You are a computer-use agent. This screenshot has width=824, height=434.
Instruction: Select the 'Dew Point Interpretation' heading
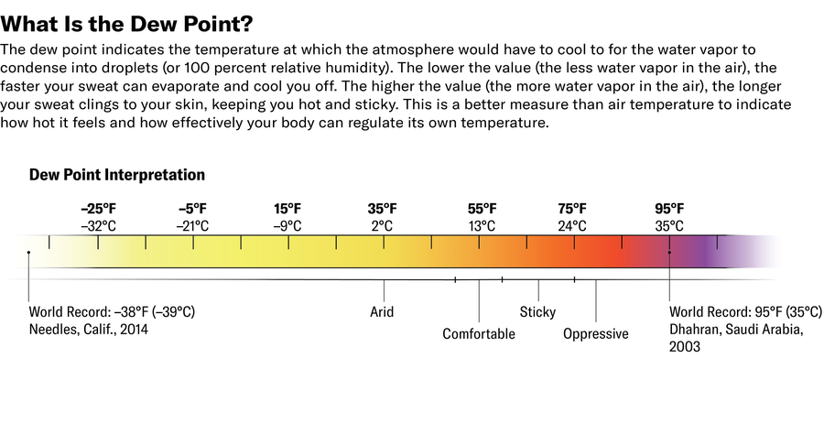tap(117, 174)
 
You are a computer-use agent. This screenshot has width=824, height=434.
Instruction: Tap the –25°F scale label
tap(98, 209)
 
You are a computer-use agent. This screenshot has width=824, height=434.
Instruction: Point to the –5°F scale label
tap(193, 209)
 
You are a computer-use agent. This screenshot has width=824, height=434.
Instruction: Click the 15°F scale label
tap(288, 209)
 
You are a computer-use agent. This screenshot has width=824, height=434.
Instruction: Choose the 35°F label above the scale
tap(383, 209)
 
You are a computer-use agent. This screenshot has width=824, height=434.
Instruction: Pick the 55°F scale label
tap(482, 209)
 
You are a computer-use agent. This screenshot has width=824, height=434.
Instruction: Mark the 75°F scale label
tap(572, 209)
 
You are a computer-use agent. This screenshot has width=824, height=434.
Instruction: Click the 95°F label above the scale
tap(669, 209)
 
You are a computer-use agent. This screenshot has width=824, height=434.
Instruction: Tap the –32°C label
tap(98, 226)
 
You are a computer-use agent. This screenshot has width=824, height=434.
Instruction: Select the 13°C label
tap(482, 226)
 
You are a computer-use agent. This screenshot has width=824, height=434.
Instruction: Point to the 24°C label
tap(572, 226)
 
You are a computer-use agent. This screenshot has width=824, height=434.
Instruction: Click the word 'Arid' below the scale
tap(382, 312)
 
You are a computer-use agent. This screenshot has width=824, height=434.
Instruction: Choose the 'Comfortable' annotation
tap(479, 334)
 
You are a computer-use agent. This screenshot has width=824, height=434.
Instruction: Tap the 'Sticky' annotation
tap(537, 312)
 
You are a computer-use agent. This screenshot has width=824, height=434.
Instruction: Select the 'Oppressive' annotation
tap(596, 334)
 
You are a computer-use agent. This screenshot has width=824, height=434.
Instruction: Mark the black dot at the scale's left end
tap(29, 252)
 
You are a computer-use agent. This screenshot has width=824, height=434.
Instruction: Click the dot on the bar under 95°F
tap(669, 252)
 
